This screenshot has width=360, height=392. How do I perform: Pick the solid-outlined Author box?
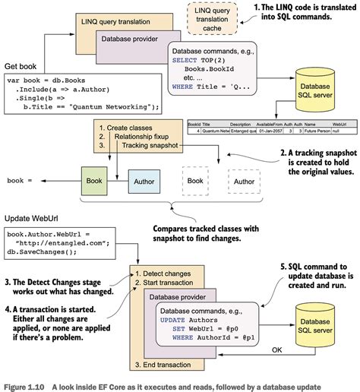click(144, 182)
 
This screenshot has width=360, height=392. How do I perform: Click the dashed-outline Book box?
click(195, 182)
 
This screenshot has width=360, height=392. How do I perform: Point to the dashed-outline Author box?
click(244, 182)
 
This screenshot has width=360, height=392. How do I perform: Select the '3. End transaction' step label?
click(166, 363)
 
